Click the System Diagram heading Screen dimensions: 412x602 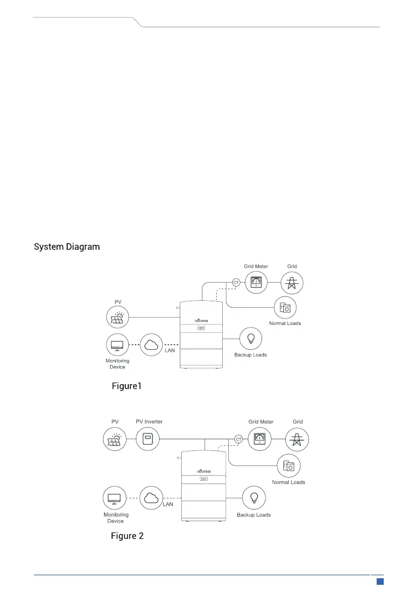(67, 247)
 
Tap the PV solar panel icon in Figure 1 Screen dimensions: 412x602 (118, 317)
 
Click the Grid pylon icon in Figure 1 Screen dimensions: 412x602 (292, 282)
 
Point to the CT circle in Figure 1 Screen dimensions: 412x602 (236, 282)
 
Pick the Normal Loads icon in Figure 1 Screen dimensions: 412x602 (285, 308)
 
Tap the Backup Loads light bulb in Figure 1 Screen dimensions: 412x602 (250, 338)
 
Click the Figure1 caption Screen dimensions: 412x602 (127, 387)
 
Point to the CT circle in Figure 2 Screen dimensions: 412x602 (239, 438)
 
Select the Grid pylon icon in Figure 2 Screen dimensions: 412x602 (297, 438)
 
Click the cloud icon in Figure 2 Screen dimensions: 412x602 (151, 498)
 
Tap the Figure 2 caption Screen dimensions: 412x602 (127, 536)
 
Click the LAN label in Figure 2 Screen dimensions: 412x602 (168, 504)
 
